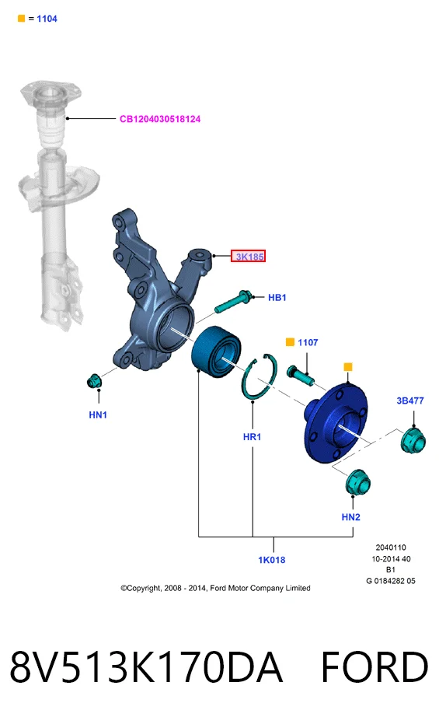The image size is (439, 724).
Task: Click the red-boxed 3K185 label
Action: point(248,257)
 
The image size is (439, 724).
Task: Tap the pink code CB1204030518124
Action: point(160,119)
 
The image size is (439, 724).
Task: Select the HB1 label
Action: point(277,298)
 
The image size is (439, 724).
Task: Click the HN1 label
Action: point(98,414)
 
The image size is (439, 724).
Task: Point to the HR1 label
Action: point(253,436)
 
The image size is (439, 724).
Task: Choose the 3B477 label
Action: point(410,400)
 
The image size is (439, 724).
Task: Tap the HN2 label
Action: point(351,517)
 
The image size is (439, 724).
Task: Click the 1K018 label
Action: point(272,560)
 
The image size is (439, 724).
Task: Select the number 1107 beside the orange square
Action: point(308,343)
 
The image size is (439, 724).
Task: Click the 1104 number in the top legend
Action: point(47,19)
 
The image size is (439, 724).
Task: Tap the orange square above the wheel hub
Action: point(348,367)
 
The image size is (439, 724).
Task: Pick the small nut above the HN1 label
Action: point(95,381)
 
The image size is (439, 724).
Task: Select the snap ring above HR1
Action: point(260,376)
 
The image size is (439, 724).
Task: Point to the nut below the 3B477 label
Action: point(413,440)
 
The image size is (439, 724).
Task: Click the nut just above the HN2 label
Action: point(358,482)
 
